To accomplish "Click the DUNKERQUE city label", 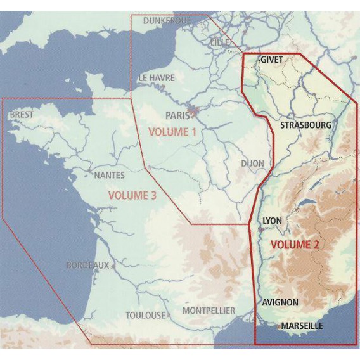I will (x=167, y=21).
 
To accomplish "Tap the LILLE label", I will (x=220, y=42).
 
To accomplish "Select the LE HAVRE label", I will (x=157, y=78).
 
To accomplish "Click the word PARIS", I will (x=177, y=115).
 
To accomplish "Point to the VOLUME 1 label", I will (x=172, y=132).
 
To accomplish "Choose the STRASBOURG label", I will (x=305, y=125).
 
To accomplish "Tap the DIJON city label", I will (x=252, y=164).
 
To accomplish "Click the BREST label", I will (x=22, y=115).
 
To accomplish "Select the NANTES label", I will (x=109, y=175).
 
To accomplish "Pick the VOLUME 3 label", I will (x=132, y=196).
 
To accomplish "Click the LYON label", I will (x=272, y=221).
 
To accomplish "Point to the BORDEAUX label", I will (x=87, y=266).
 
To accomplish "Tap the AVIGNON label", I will (x=280, y=302).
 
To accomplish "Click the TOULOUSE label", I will (x=145, y=315).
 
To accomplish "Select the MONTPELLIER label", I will (x=209, y=311).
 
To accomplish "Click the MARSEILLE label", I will (x=302, y=326).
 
